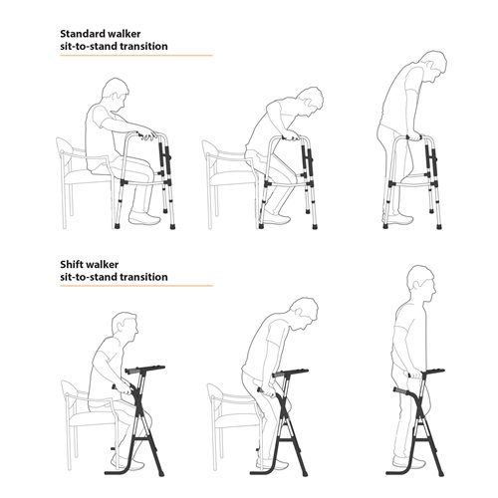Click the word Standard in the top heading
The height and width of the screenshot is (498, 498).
[x=82, y=34]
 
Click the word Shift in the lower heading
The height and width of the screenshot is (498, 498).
[x=72, y=265]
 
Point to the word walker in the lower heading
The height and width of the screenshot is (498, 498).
[x=103, y=265]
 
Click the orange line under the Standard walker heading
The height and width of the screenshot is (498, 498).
[x=136, y=56]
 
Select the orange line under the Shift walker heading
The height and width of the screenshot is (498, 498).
[x=136, y=286]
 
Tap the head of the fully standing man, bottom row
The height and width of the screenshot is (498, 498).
[x=420, y=283]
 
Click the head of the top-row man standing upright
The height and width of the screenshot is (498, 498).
[x=432, y=67]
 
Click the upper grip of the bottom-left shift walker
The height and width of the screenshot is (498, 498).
[x=134, y=370]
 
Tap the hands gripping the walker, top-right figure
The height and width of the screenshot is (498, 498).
[x=414, y=136]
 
